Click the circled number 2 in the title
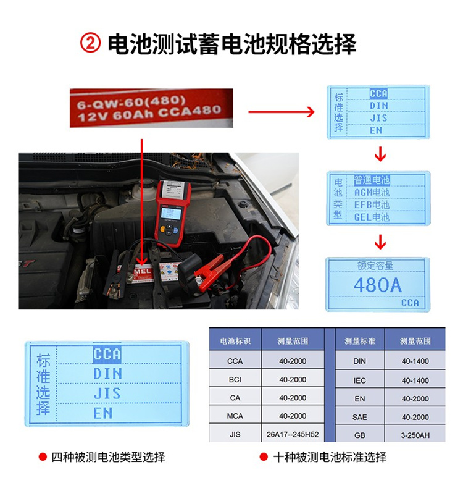click(x=90, y=44)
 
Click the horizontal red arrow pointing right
click(x=282, y=112)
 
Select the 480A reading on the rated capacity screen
click(x=377, y=285)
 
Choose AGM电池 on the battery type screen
click(x=372, y=193)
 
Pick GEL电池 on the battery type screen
click(x=372, y=217)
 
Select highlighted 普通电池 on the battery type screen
click(x=372, y=180)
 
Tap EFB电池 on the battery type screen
click(x=372, y=204)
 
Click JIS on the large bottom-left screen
click(x=107, y=393)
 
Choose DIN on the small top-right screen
click(x=378, y=106)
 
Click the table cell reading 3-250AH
click(x=415, y=434)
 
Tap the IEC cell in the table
click(x=359, y=380)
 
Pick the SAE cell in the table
click(x=359, y=417)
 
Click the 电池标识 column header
click(x=235, y=340)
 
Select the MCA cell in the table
click(x=235, y=416)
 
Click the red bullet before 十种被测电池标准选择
click(x=262, y=457)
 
